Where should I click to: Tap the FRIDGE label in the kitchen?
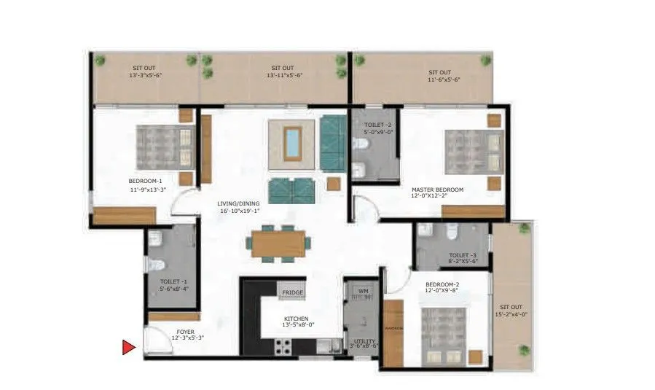[x=292, y=292]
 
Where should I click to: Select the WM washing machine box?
[x=362, y=292]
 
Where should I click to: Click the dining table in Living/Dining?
[x=280, y=243]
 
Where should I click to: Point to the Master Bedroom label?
[x=437, y=190]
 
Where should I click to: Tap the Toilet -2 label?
[x=378, y=125]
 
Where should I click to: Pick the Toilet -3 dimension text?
[x=463, y=261]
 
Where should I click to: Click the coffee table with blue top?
[x=292, y=142]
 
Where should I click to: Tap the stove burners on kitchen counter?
[x=282, y=347]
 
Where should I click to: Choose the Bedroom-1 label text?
[x=146, y=181]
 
